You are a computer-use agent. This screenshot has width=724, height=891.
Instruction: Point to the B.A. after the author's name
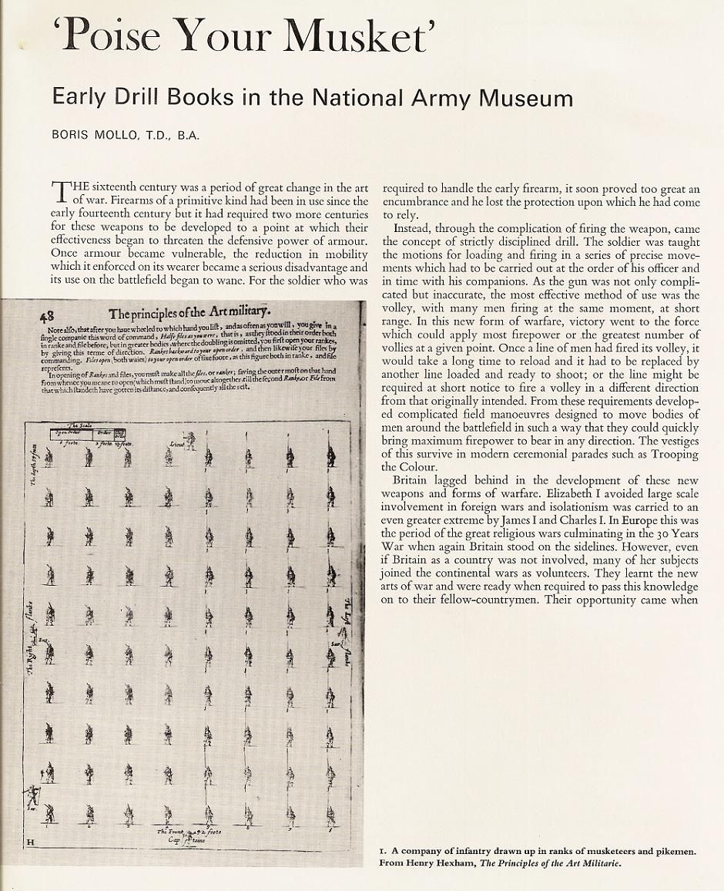tap(188, 136)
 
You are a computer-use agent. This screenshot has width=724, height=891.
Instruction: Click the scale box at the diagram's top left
tap(85, 434)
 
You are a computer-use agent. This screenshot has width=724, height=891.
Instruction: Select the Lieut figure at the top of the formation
tap(187, 441)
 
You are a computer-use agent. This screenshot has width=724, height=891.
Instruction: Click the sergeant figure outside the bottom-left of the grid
tap(32, 795)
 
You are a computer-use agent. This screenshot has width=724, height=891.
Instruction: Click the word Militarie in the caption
tap(592, 862)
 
